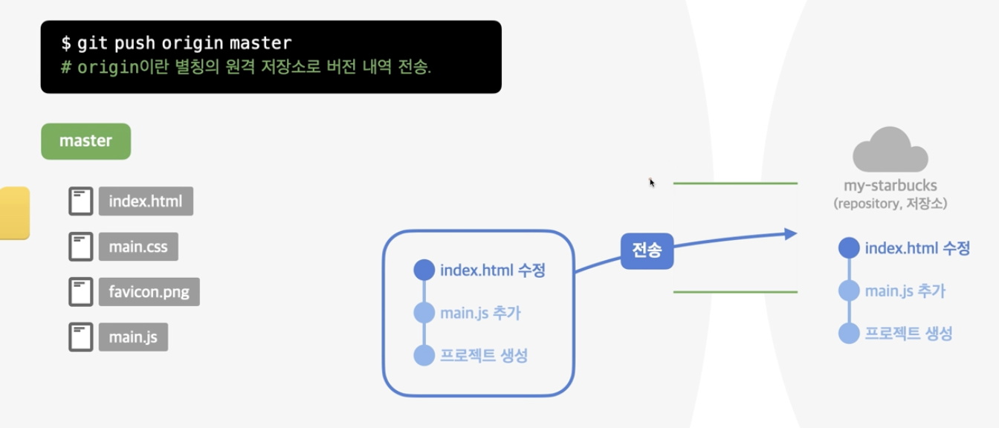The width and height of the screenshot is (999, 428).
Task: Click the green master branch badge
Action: (85, 141)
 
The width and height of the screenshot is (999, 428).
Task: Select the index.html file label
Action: (146, 201)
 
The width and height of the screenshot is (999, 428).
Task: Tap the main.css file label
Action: (138, 247)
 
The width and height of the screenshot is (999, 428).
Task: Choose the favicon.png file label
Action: (149, 292)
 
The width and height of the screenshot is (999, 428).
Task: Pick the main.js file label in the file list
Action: (133, 337)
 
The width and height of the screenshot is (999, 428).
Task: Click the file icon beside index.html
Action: (81, 201)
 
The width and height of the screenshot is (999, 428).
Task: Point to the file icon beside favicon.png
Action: (81, 292)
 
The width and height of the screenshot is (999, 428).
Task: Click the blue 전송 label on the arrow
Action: (647, 251)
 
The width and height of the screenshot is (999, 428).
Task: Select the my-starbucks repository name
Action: (890, 186)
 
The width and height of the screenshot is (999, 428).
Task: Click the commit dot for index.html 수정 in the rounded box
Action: (424, 270)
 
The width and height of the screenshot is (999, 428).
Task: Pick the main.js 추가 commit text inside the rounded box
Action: (480, 313)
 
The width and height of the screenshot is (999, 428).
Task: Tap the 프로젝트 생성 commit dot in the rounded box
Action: (424, 355)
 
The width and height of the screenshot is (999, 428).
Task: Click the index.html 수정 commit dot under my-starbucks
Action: (849, 247)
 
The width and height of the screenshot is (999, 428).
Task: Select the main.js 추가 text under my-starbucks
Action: (905, 291)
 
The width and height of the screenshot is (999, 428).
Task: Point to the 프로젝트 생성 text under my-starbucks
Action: (908, 334)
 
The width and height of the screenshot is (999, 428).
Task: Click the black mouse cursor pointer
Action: (652, 183)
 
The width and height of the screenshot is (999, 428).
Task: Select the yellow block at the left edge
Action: (13, 213)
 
